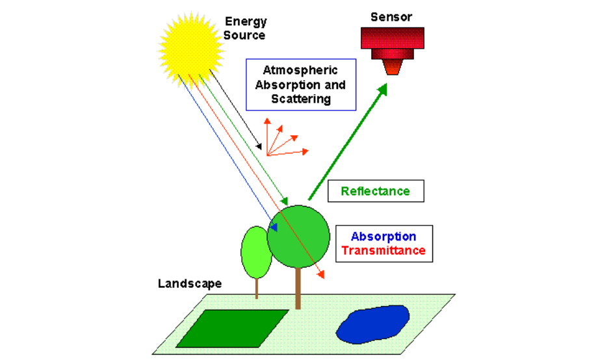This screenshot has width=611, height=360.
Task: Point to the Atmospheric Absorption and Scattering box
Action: (x=301, y=84)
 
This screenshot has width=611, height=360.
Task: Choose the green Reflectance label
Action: (x=376, y=191)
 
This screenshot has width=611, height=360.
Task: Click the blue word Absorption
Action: (x=383, y=237)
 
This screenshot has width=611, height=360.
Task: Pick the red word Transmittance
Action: (x=383, y=251)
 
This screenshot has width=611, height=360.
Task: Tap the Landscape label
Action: (x=190, y=284)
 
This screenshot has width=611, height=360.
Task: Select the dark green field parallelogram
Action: (x=232, y=328)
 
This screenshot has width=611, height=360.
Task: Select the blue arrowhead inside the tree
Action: (x=274, y=227)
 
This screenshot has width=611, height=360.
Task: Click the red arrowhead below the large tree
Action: (x=320, y=276)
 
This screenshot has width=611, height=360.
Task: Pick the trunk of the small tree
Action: (x=256, y=288)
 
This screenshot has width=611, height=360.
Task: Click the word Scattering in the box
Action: (x=301, y=99)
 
